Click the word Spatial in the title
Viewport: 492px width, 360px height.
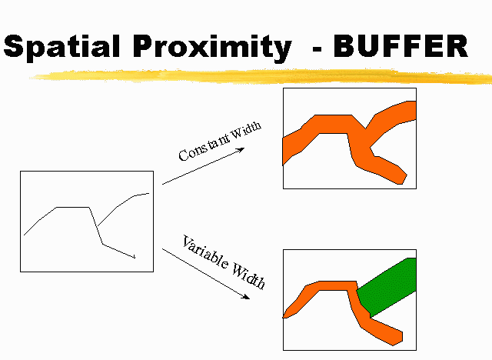[x=61, y=46]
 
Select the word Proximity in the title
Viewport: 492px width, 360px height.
[x=212, y=48]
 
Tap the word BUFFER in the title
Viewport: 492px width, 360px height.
[x=401, y=46]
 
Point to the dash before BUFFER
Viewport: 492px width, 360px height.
[x=317, y=49]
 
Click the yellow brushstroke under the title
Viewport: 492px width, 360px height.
[x=261, y=77]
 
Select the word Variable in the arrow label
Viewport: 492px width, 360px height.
[x=205, y=252]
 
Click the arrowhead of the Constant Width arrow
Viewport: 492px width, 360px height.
[x=241, y=149]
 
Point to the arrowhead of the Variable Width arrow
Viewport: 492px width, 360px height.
[x=246, y=297]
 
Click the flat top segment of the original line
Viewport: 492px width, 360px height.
[x=73, y=207]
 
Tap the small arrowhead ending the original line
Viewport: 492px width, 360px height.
[x=135, y=258]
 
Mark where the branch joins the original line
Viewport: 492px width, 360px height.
[x=97, y=227]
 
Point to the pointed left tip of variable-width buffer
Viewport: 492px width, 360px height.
[x=284, y=318]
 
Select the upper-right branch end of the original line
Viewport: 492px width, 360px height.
[x=148, y=193]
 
